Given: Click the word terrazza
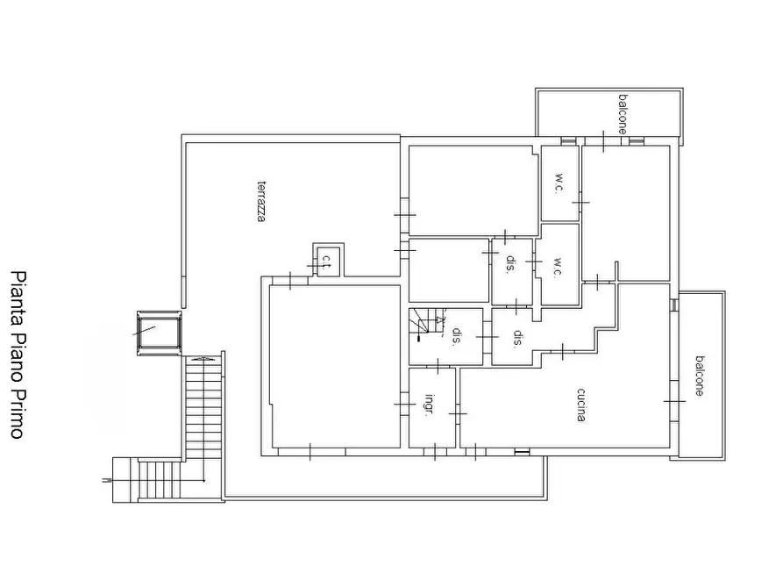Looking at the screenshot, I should (x=260, y=201).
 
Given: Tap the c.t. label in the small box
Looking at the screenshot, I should (x=326, y=260).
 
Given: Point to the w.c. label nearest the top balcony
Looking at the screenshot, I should (x=559, y=183).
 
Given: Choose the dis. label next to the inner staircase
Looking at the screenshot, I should (x=457, y=336).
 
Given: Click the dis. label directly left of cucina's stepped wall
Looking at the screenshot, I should (x=517, y=338).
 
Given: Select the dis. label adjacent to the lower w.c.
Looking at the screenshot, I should (x=510, y=264).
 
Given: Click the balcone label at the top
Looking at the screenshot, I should (x=622, y=113).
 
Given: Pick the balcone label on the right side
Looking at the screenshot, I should (x=699, y=376).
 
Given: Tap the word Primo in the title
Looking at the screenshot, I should (x=17, y=412).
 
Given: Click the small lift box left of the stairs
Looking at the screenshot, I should (x=158, y=333).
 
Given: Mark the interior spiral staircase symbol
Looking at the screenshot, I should (x=427, y=325).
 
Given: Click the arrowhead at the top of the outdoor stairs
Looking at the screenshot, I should (x=203, y=358).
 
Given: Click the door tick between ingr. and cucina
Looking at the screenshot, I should (x=457, y=412).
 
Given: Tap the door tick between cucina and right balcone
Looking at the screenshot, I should (x=674, y=400).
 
